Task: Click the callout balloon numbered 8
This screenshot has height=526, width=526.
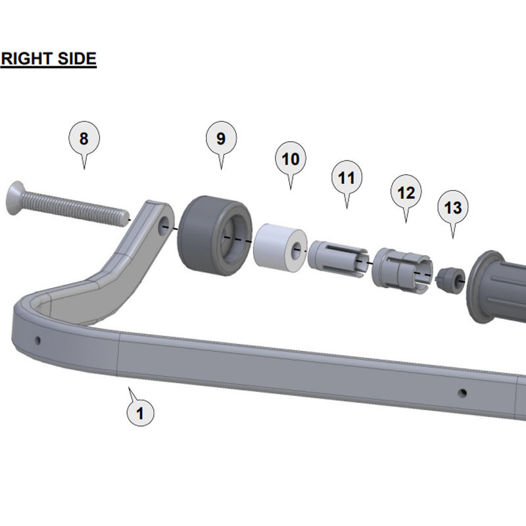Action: click(84, 138)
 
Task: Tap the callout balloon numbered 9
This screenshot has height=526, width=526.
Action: click(221, 138)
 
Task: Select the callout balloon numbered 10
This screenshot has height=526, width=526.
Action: click(291, 158)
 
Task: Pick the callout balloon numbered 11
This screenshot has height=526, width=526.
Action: click(347, 178)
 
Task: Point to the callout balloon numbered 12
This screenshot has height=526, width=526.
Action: click(406, 192)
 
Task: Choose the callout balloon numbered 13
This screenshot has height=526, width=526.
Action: click(453, 207)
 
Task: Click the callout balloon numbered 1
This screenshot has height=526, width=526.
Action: click(140, 413)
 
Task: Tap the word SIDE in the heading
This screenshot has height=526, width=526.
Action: click(77, 59)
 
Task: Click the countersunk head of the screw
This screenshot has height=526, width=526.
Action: click(13, 198)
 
